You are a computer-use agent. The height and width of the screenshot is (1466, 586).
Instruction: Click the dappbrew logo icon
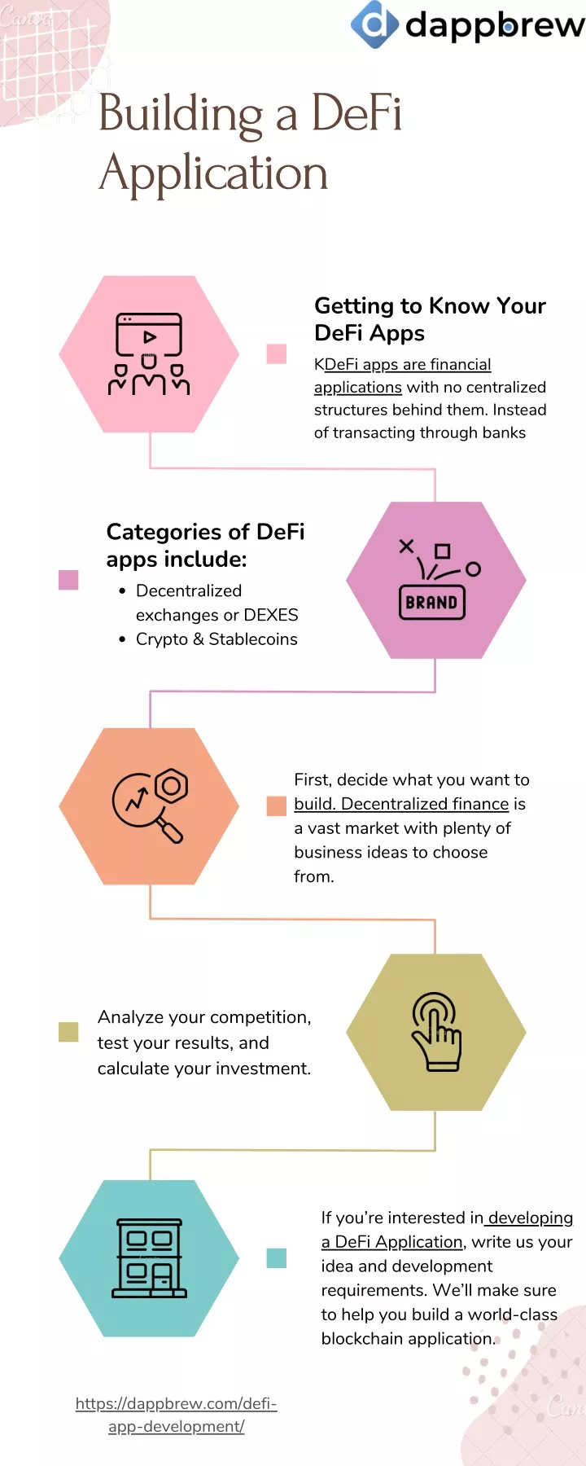point(374,24)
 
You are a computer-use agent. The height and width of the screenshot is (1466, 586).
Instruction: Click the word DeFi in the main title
point(356,113)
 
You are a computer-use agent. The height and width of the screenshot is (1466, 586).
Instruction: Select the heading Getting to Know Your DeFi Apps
point(430,319)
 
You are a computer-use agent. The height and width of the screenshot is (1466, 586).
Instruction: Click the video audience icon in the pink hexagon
point(149,354)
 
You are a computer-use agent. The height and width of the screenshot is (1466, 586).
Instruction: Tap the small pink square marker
point(277,353)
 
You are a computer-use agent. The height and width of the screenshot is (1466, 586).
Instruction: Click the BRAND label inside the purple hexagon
point(431,603)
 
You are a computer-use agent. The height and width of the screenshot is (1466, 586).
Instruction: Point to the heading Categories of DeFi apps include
point(205,546)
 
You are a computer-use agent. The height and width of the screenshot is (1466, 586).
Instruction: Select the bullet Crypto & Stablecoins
point(216,639)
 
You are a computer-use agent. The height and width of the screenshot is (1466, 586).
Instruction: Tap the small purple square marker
point(68,580)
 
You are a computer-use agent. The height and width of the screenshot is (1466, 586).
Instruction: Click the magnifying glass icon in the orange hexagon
point(150,805)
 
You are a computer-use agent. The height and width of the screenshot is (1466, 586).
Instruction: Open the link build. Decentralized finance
point(401,804)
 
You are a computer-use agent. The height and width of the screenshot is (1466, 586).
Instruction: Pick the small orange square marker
point(277,806)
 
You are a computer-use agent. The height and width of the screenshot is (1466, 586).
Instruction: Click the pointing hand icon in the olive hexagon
point(436,1031)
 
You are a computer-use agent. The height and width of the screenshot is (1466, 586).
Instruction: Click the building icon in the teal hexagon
point(149,1258)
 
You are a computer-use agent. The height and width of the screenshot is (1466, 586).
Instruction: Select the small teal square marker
point(277,1258)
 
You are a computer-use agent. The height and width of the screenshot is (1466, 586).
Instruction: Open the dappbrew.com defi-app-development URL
point(177,1415)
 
